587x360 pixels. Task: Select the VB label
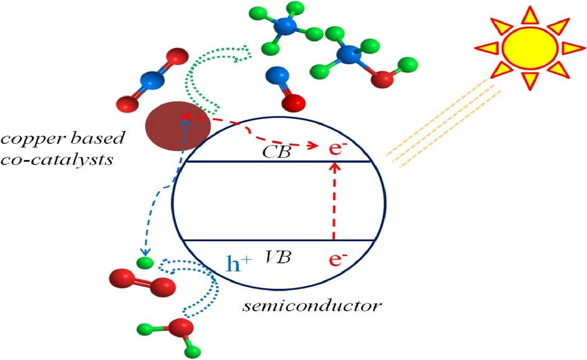click(x=278, y=257)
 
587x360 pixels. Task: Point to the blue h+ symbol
click(x=239, y=264)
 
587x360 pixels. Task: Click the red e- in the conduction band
click(x=336, y=148)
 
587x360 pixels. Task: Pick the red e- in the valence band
click(x=336, y=260)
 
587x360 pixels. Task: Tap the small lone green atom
click(x=144, y=263)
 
